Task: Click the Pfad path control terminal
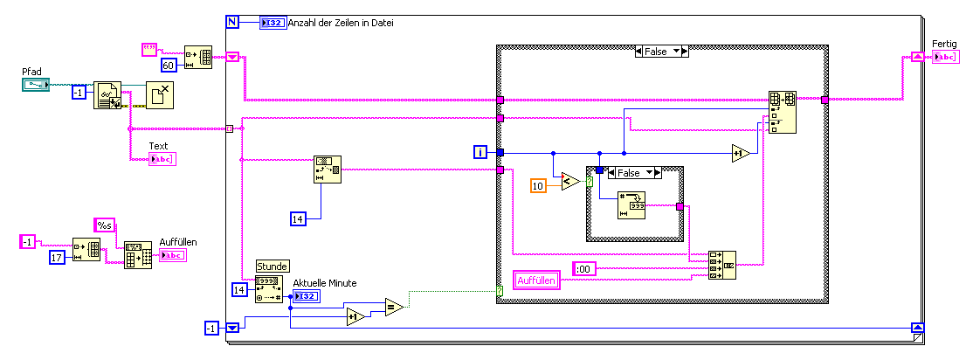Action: pos(36,85)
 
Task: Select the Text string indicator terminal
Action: pos(162,159)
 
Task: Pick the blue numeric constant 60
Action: pos(170,65)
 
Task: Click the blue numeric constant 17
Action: pos(59,258)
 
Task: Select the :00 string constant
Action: pos(584,268)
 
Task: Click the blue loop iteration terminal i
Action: pos(480,153)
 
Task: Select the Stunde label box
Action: pos(272,266)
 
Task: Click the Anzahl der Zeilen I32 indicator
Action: pos(271,23)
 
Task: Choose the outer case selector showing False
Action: pos(660,52)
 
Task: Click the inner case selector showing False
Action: pos(634,172)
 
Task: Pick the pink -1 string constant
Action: pos(28,241)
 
